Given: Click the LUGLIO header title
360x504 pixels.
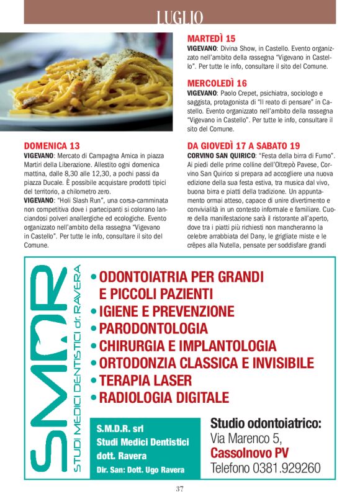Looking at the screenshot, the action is pos(180,17).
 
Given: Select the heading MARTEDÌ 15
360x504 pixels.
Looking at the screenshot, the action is pos(212,38).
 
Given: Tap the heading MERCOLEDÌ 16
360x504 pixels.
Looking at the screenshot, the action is pos(217,83).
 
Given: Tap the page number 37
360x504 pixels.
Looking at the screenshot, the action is pos(180,488).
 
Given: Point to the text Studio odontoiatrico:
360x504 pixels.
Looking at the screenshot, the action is pos(266,424).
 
